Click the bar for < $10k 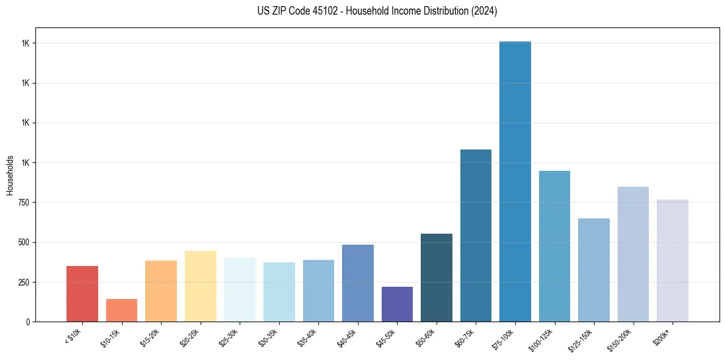click(82, 293)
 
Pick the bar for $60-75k click(476, 236)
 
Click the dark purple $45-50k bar click(397, 304)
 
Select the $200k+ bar click(673, 261)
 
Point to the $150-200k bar click(633, 254)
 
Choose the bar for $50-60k click(437, 278)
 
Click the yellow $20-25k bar click(201, 286)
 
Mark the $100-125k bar click(554, 246)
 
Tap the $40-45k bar click(358, 283)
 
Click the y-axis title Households click(10, 175)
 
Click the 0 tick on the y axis click(29, 322)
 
